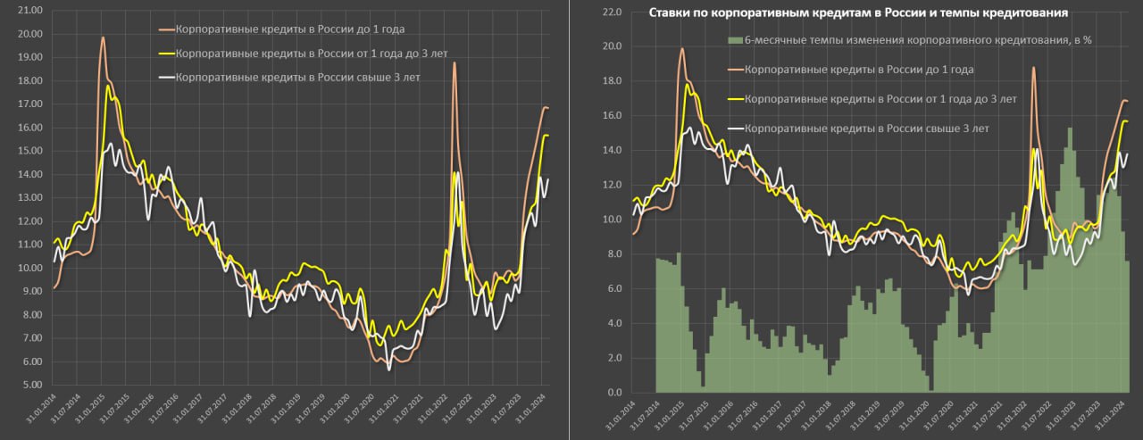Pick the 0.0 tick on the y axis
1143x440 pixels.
coord(613,393)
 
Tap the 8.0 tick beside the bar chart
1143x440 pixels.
coord(613,254)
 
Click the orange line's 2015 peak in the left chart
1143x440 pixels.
coord(103,37)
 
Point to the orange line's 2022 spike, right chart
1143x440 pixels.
coord(1034,68)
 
